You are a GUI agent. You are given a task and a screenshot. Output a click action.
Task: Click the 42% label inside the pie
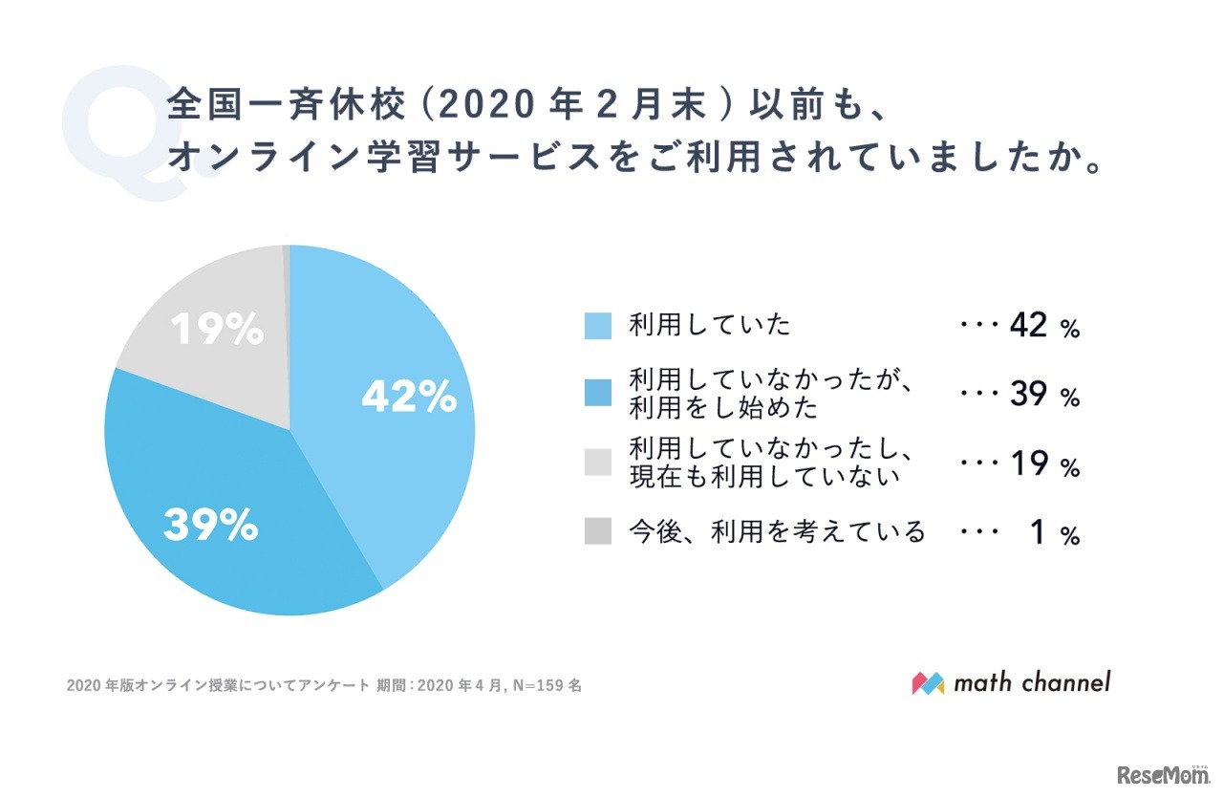point(409,398)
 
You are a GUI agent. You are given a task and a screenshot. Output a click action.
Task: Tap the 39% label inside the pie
point(210,525)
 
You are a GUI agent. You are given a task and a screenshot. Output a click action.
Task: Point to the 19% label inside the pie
point(217,331)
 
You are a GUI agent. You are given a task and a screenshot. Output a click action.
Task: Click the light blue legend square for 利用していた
point(597,327)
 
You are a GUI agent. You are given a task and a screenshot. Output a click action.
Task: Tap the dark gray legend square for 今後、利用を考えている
point(597,532)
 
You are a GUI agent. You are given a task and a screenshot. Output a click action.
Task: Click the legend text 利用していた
point(710,326)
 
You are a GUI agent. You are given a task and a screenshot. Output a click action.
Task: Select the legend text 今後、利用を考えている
point(777,531)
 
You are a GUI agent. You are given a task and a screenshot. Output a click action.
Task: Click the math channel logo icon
point(928,683)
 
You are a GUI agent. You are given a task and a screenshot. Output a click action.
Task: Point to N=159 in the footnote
point(541,685)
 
